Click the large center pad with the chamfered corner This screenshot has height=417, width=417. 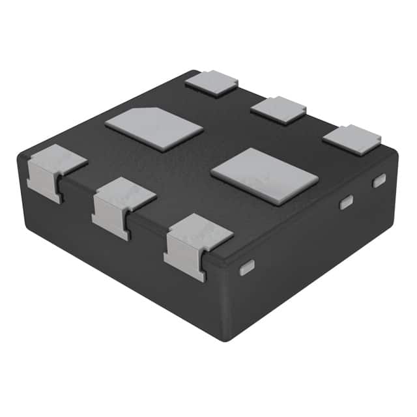click(154, 128)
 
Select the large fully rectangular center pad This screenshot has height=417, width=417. click(265, 175)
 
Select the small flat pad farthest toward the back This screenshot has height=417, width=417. click(212, 83)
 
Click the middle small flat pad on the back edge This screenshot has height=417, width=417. click(279, 109)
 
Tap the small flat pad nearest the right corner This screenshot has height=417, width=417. click(352, 137)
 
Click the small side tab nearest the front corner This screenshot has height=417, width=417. click(246, 268)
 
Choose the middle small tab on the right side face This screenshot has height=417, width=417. click(346, 203)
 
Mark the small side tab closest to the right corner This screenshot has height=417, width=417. click(379, 181)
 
